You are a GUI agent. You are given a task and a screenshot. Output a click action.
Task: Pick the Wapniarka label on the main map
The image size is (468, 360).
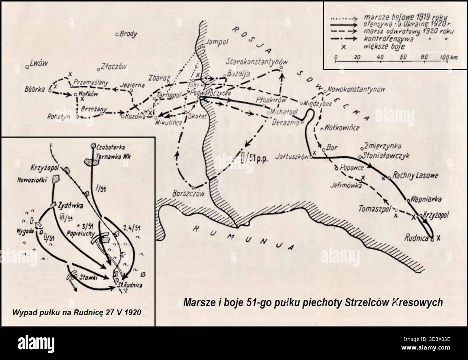pos(425,198)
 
